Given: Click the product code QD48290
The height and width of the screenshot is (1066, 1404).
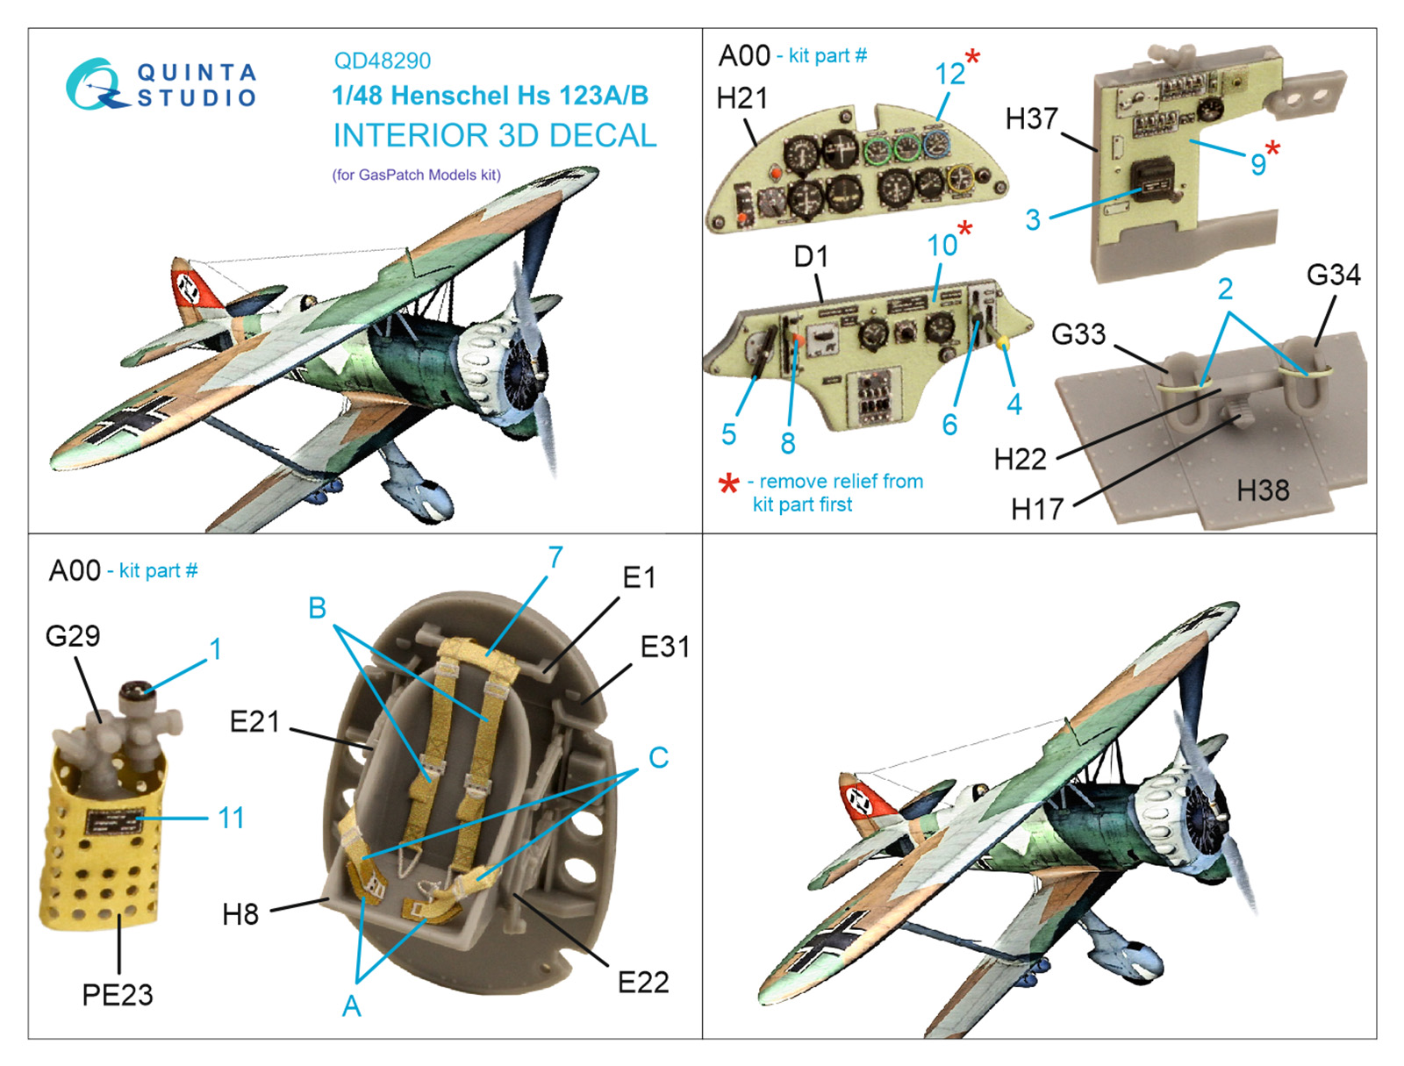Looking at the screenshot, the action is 382,61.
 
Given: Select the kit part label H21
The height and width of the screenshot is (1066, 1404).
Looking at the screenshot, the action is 742,98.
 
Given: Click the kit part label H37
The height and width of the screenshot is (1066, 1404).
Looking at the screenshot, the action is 1031,119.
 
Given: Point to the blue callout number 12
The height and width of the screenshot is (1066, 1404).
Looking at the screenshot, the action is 949,74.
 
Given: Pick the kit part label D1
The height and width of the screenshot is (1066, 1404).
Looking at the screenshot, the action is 811,256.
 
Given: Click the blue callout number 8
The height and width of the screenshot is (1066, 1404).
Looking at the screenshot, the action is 787,442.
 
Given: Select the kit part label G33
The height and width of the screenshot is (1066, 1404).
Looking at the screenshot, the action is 1078,333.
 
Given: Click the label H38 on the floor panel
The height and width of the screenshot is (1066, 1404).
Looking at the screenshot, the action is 1262,490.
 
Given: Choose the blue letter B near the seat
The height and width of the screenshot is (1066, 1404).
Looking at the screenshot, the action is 318,607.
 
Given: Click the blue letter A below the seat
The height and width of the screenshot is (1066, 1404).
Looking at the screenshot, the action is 351,1005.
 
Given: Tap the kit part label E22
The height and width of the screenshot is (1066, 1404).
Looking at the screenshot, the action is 643,983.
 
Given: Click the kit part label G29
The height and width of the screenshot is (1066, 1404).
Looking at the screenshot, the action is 72,635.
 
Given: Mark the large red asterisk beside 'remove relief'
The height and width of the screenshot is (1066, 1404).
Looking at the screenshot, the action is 729,484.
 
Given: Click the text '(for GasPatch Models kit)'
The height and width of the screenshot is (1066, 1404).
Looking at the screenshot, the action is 416,175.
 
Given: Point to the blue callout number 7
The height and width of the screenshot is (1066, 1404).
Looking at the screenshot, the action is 555,557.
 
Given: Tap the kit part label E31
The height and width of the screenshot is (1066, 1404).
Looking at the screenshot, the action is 664,647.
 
